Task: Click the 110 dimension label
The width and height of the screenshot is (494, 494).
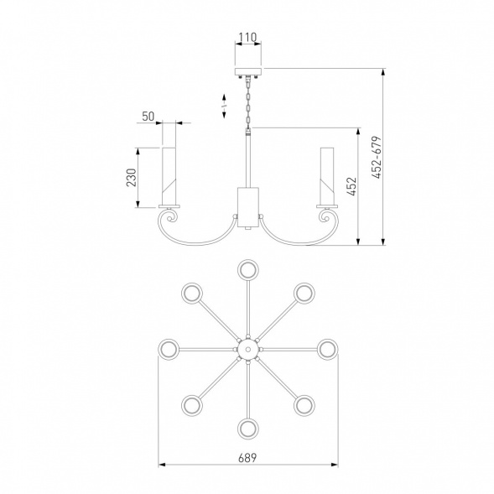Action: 247,38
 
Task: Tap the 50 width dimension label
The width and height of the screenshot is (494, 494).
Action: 148,117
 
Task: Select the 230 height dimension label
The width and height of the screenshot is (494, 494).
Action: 132,178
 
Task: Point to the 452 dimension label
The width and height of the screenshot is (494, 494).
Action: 352,186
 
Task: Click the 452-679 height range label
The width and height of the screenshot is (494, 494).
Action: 377,158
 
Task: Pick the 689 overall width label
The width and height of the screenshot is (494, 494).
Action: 247,458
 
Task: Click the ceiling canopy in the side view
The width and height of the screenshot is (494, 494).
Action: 248,71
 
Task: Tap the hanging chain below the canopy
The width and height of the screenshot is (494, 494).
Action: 248,103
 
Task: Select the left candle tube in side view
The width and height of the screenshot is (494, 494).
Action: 169,175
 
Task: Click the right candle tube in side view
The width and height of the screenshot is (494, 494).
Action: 327,175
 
